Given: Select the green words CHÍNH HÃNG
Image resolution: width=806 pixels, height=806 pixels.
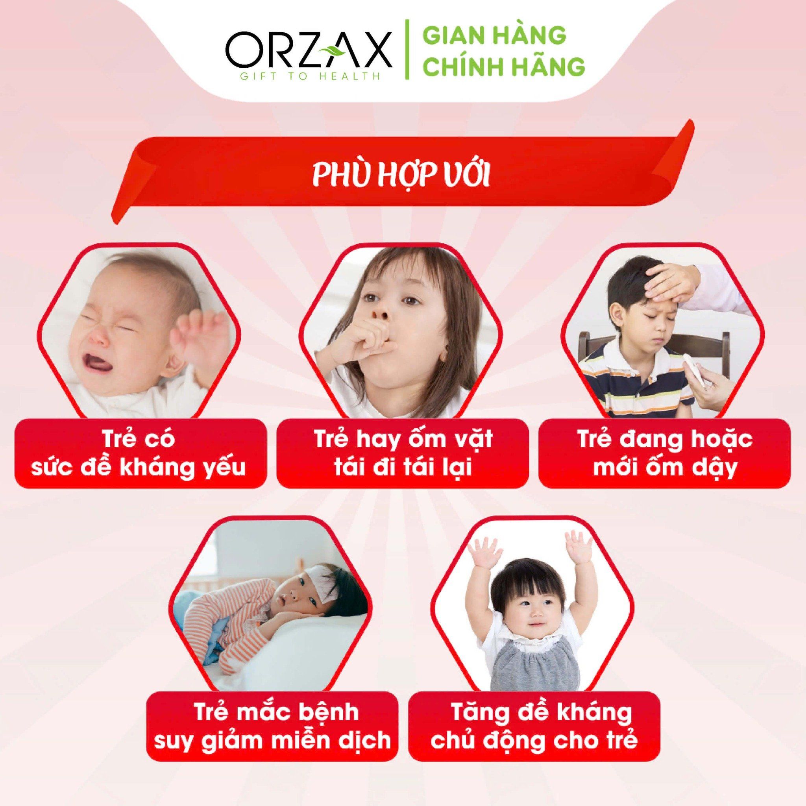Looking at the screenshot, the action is pos(505,67).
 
